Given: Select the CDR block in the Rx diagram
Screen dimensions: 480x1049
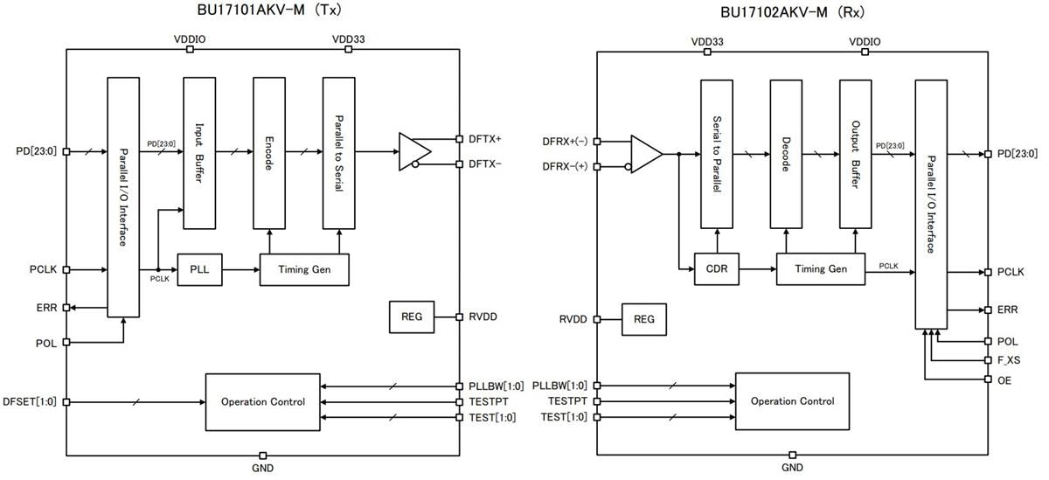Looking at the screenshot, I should pyautogui.click(x=717, y=269).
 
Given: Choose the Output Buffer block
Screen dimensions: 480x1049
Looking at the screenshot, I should pyautogui.click(x=856, y=154).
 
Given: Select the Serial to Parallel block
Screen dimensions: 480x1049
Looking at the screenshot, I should pyautogui.click(x=717, y=154).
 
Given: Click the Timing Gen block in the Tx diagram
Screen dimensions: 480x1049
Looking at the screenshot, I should pyautogui.click(x=305, y=268).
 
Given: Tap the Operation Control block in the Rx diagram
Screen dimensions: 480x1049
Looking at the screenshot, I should pyautogui.click(x=792, y=400).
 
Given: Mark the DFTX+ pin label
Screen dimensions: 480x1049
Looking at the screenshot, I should pyautogui.click(x=483, y=139).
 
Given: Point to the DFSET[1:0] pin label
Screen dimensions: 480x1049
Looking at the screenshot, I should pyautogui.click(x=30, y=401).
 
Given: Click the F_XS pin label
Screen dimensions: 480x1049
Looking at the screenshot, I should pyautogui.click(x=1008, y=360).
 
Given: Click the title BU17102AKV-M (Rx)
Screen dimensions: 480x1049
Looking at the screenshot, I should pyautogui.click(x=791, y=13).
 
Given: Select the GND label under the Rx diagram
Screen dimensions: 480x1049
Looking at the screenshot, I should pyautogui.click(x=792, y=468).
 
